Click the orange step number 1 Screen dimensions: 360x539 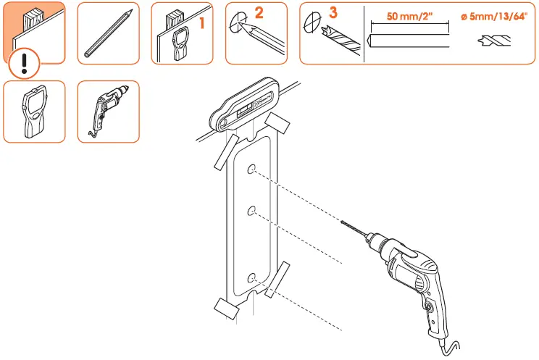(202, 24)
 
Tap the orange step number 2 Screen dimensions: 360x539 (259, 12)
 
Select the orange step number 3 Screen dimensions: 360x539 (333, 12)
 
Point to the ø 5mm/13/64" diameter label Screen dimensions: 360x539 (494, 17)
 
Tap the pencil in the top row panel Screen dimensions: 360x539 (107, 33)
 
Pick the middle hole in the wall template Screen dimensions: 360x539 (251, 211)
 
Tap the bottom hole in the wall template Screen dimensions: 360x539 (251, 278)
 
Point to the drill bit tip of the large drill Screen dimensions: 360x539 (342, 224)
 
